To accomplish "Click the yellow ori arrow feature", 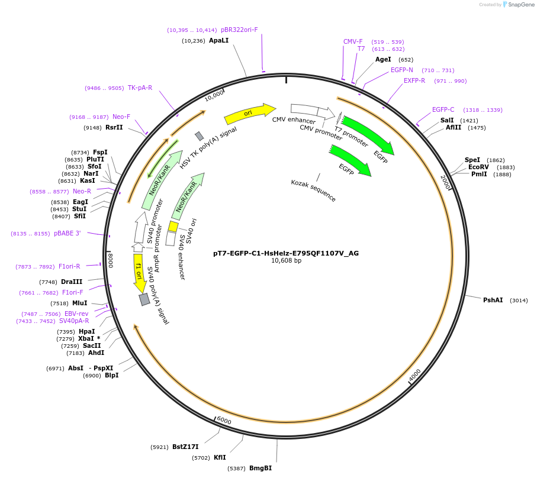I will coord(249,112).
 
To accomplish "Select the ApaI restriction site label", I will coord(218,41).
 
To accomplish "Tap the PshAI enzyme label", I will coord(493,301).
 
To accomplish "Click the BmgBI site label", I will coord(260,468).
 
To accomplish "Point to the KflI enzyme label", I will coord(220,457).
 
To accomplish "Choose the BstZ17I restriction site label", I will coord(185,447).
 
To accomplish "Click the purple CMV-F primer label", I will coord(353,41).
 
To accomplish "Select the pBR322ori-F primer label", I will coord(239,30).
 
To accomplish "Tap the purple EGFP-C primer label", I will coord(443,109).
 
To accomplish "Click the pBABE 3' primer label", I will coord(67,233).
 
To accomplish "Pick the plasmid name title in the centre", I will coord(286,253).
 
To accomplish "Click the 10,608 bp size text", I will coord(286,261).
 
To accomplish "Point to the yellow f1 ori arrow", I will coord(139,273).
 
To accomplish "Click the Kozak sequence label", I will coord(313,190).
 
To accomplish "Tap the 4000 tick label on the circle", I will coord(414,374).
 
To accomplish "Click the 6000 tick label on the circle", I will coord(224,420).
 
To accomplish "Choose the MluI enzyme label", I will coord(79,303).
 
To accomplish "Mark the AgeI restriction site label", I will coord(383,59).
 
